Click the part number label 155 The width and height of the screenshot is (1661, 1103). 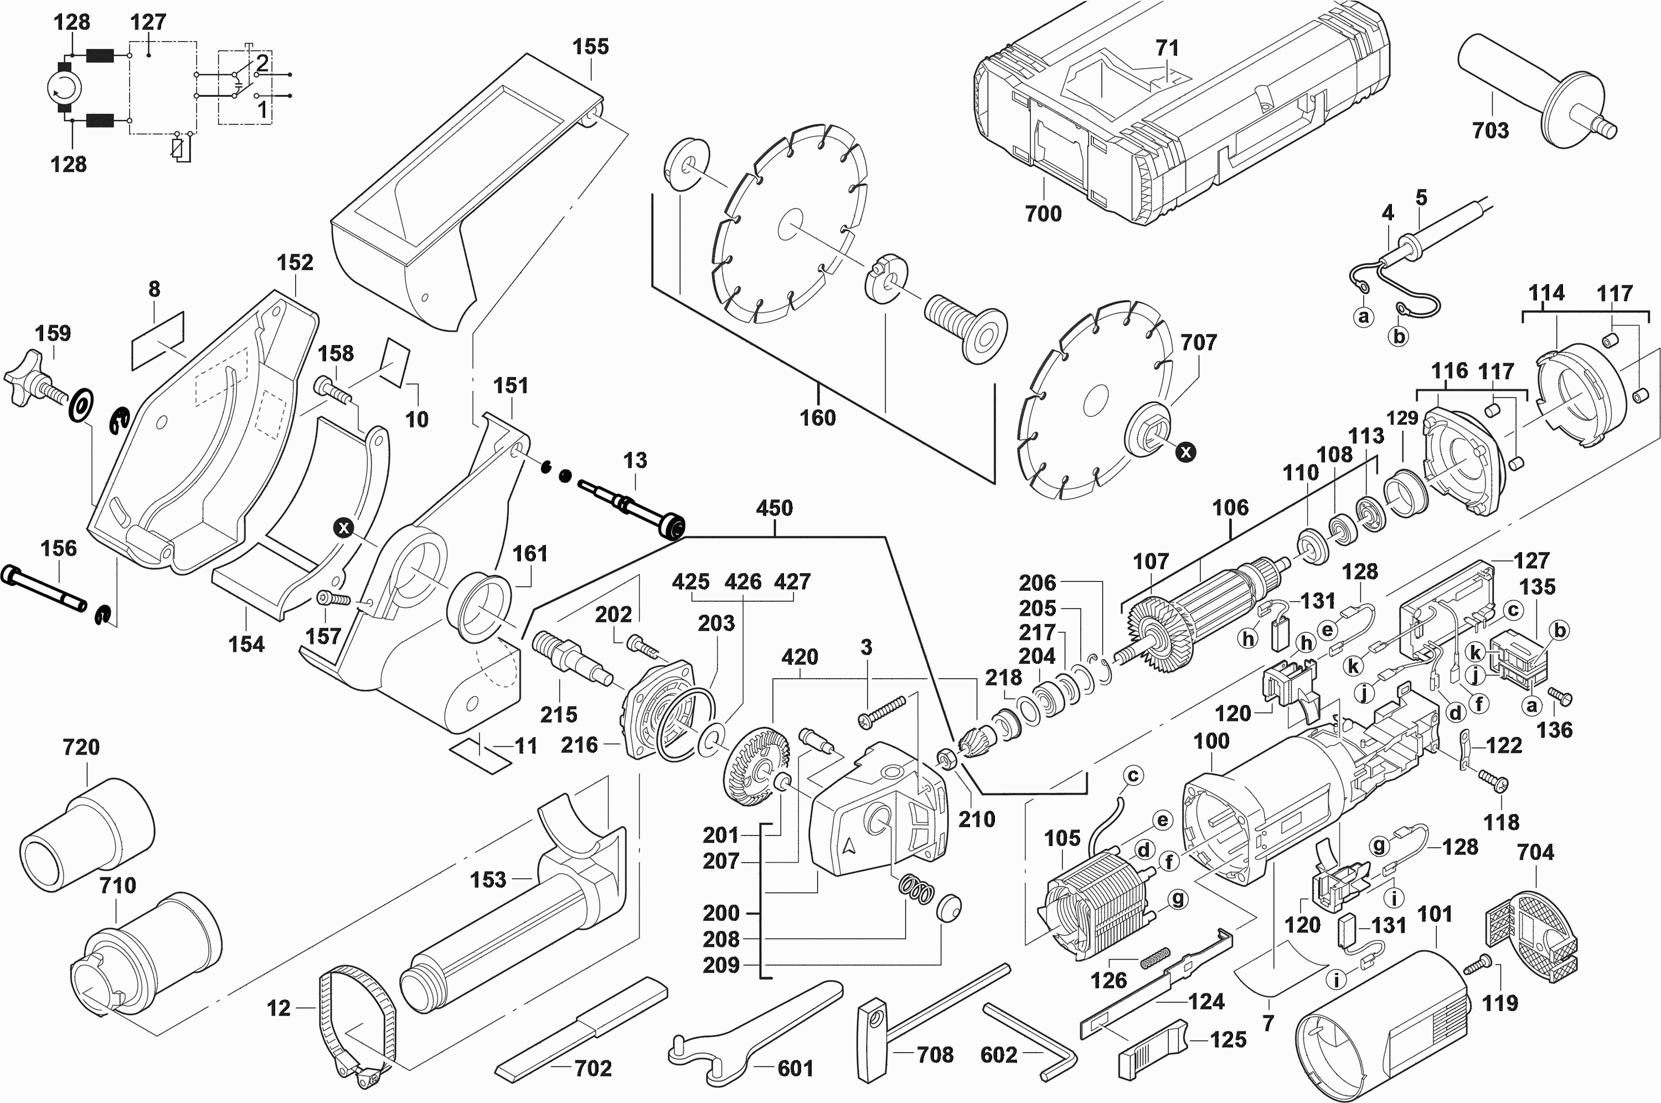(590, 47)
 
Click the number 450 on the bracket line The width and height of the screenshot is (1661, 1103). (774, 508)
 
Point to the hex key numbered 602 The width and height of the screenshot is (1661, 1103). (1034, 1034)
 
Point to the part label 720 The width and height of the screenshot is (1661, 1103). (81, 747)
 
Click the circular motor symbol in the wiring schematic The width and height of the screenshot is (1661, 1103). (65, 89)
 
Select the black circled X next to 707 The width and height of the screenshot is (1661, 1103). (1185, 452)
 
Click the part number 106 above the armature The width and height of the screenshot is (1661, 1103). (1230, 508)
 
